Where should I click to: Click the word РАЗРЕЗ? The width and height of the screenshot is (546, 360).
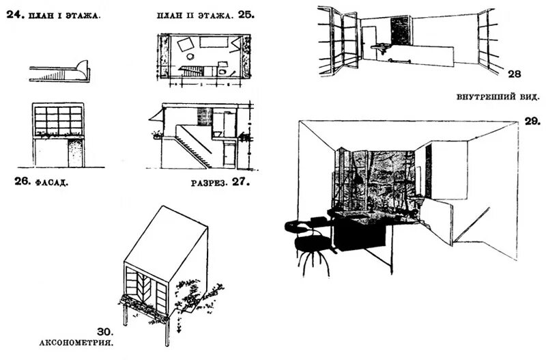209,183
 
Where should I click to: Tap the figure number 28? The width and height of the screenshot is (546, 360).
515,72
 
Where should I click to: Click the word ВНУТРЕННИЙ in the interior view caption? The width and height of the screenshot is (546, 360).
482,96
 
